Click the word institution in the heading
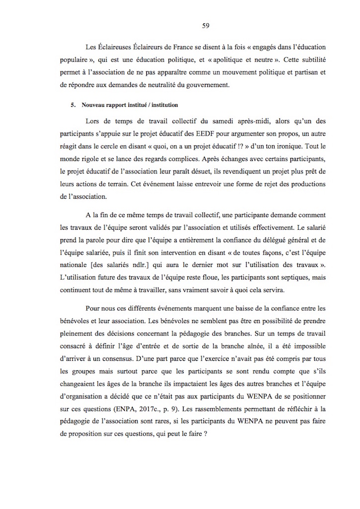[164, 105]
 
